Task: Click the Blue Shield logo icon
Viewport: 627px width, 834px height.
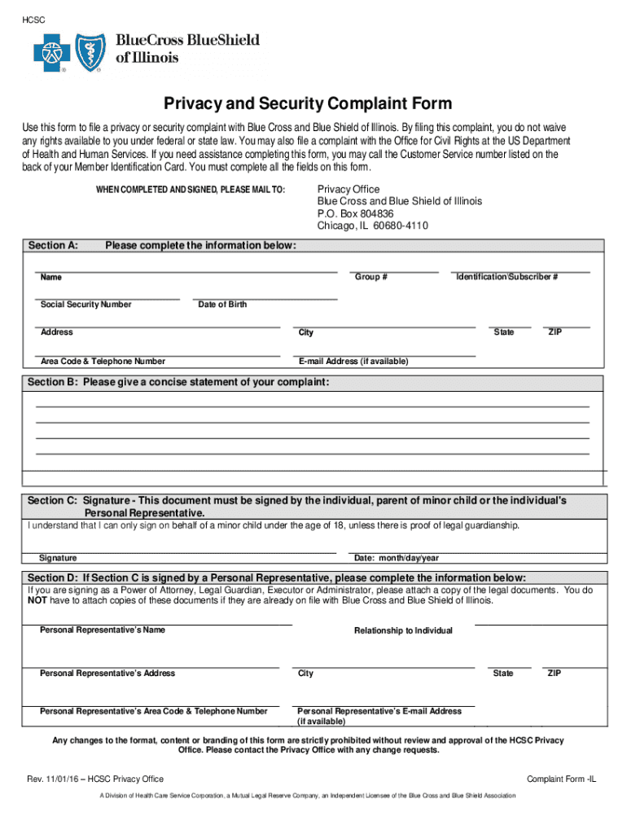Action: [x=88, y=54]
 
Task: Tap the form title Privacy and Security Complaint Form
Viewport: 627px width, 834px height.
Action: [x=308, y=104]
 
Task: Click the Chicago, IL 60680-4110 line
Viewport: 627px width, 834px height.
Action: [x=372, y=226]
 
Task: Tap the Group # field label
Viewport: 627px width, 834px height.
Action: [x=370, y=278]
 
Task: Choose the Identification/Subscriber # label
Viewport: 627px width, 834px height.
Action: [x=506, y=278]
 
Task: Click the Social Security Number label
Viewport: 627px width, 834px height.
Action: [x=85, y=305]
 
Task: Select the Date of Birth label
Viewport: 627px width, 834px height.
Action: [x=222, y=305]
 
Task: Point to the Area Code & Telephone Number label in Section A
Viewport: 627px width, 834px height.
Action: [x=103, y=361]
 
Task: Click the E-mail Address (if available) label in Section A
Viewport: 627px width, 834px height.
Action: [x=353, y=361]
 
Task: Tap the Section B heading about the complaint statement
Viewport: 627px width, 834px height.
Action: [x=179, y=382]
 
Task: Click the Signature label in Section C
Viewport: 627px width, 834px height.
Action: [x=58, y=558]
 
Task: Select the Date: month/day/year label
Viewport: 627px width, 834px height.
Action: [x=397, y=558]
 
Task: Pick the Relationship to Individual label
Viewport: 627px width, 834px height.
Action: [x=403, y=630]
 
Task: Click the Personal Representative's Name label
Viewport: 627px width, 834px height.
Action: [x=103, y=630]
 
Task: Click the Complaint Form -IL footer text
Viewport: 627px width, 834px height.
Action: [x=562, y=779]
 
